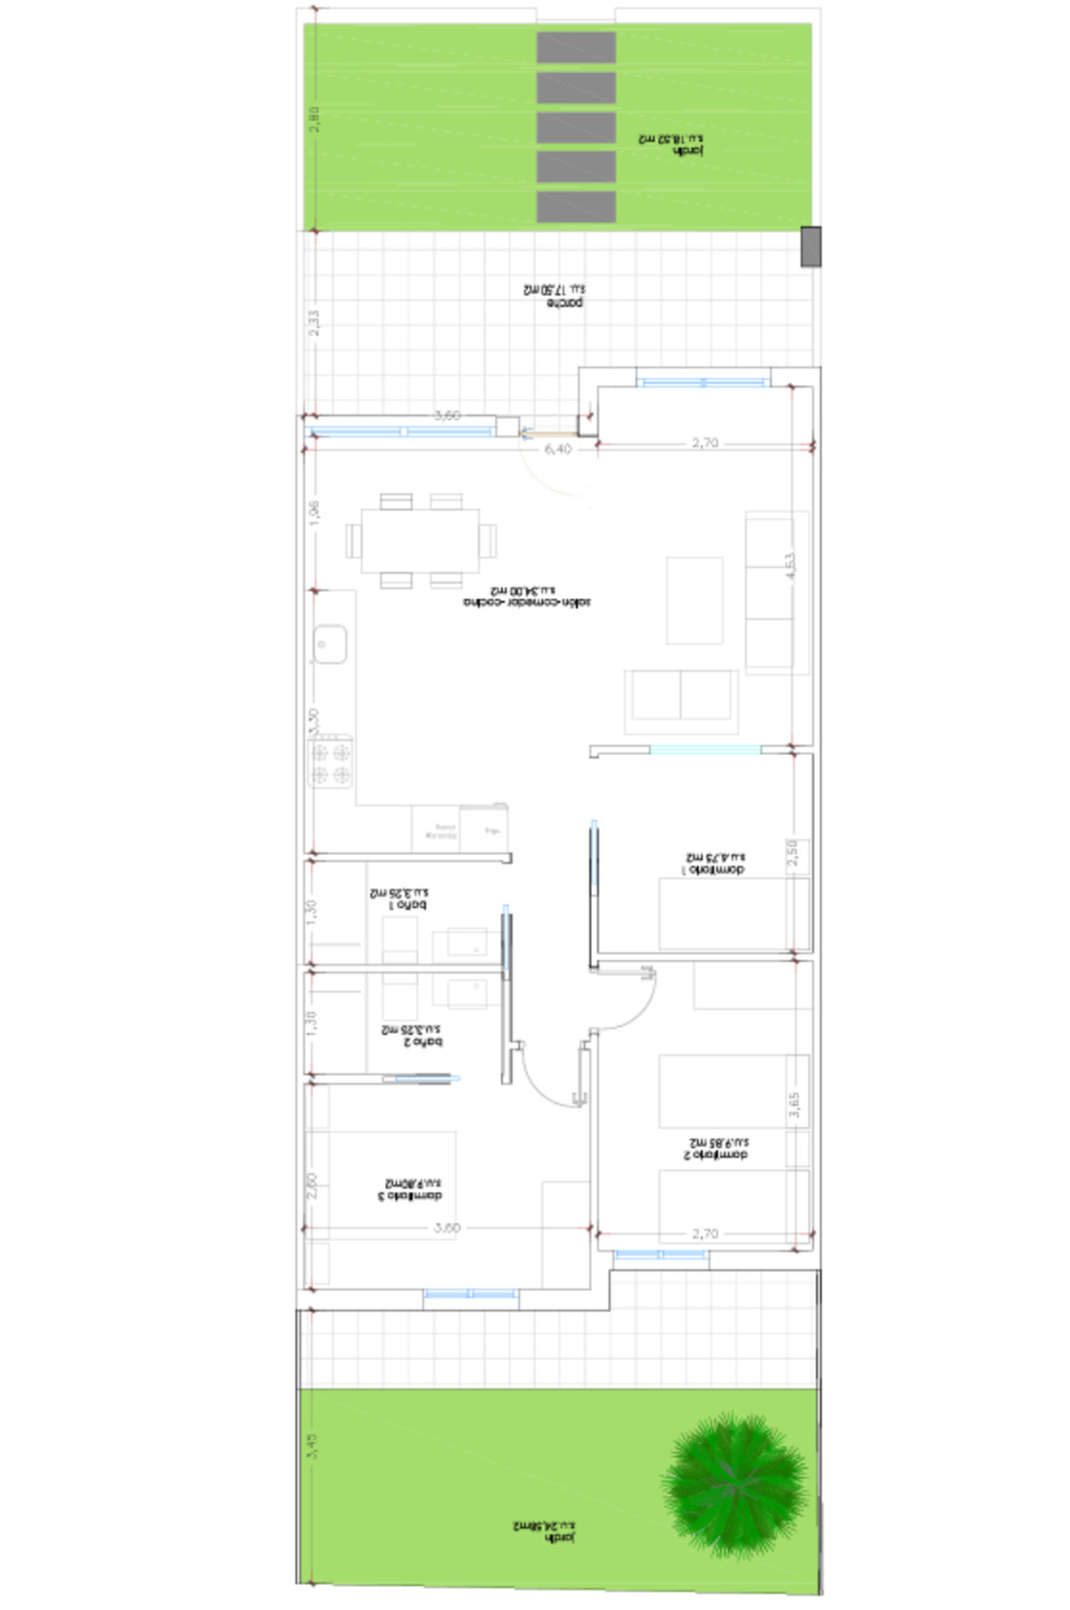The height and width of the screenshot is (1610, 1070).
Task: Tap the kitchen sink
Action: pyautogui.click(x=329, y=644)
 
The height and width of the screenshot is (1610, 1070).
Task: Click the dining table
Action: pyautogui.click(x=420, y=540)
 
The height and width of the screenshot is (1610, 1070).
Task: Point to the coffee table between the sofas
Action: pyautogui.click(x=695, y=600)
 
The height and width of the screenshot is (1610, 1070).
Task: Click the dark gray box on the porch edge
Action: pyautogui.click(x=811, y=246)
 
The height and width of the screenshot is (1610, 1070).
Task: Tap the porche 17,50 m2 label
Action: pyautogui.click(x=554, y=296)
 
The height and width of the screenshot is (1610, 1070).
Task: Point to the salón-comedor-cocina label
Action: pyautogui.click(x=527, y=596)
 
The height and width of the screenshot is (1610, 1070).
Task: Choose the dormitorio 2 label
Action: pyautogui.click(x=717, y=1148)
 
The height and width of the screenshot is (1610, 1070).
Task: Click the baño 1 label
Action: pyautogui.click(x=400, y=898)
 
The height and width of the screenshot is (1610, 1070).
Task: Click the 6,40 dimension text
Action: pyautogui.click(x=557, y=449)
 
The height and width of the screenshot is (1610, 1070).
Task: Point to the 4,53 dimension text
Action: pyautogui.click(x=790, y=567)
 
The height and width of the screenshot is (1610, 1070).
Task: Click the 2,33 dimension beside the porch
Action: pyautogui.click(x=314, y=323)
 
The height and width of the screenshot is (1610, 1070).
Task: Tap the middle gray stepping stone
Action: pyautogui.click(x=576, y=127)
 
